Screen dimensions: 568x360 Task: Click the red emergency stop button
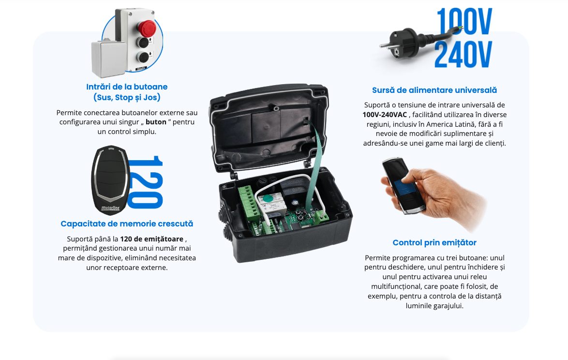[x=147, y=28]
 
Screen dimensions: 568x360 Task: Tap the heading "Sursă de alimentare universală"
[x=434, y=90]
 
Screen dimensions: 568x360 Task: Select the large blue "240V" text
[x=463, y=54]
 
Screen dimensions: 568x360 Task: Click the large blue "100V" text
[x=464, y=21]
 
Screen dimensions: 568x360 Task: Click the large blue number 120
[x=146, y=182]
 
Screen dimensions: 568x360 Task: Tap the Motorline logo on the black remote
[x=110, y=208]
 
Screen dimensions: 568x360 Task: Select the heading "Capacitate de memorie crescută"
[x=127, y=224]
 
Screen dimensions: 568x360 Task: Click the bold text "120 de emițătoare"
[x=152, y=239]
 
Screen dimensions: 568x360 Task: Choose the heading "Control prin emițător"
[x=434, y=242]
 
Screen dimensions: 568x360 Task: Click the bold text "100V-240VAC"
[x=385, y=115]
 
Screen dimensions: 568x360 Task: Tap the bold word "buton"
[x=156, y=122]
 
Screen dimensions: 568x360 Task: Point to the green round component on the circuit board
[x=268, y=198]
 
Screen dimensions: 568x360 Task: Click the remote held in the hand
[x=403, y=185]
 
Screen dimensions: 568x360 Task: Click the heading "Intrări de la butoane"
[x=127, y=87]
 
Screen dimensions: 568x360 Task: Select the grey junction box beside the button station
[x=109, y=59]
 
